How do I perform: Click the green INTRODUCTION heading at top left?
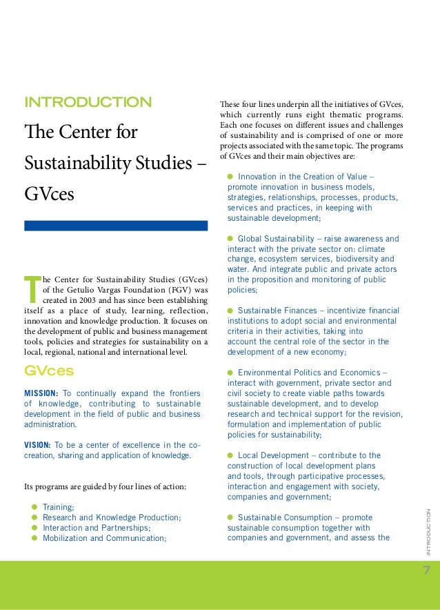pos(88,103)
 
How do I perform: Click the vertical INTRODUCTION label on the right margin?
pos(428,531)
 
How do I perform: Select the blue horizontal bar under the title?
pos(116,226)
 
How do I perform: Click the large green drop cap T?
pos(30,291)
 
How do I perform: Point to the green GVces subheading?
pos(49,371)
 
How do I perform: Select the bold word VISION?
pos(42,444)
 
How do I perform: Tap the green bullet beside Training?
pos(34,507)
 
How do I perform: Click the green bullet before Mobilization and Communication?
pos(34,538)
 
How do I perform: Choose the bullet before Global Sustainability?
pos(230,239)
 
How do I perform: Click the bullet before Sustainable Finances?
pos(230,311)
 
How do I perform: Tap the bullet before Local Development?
pos(230,455)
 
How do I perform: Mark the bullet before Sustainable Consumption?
pos(230,518)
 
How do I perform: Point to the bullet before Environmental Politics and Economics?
pos(230,373)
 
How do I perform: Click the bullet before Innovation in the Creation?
pos(230,177)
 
